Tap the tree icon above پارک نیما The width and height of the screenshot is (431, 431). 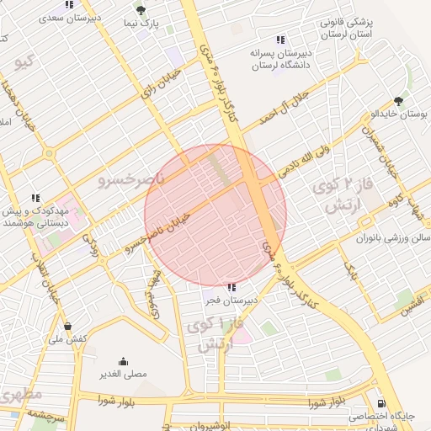(140, 10)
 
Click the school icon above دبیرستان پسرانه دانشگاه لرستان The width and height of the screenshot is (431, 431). (279, 39)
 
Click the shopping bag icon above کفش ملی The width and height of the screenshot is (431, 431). (67, 327)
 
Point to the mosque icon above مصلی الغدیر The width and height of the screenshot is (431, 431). (124, 360)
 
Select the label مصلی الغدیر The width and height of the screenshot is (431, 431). (125, 374)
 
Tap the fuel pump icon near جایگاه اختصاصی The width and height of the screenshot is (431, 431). (381, 402)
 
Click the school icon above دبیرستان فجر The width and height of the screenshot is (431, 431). (231, 287)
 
